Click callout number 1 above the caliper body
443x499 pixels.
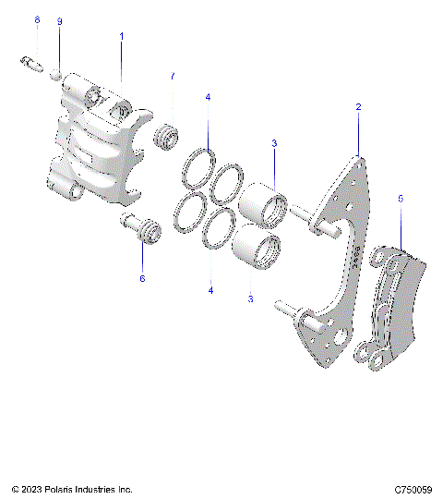122,35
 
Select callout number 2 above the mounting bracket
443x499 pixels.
358,108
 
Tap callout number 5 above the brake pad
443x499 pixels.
401,198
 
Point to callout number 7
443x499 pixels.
172,76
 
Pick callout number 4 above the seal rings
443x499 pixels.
208,97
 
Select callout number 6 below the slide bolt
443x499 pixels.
142,277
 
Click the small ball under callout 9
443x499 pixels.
56,69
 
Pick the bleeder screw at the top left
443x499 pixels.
30,63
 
